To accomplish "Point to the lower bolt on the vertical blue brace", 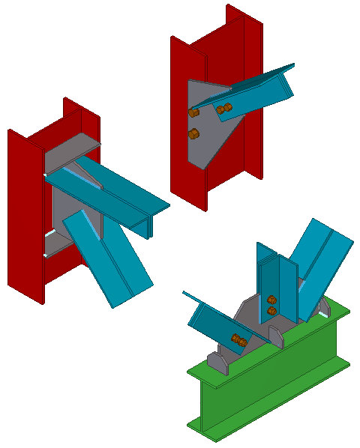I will [x=271, y=310].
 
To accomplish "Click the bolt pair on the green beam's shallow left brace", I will [x=240, y=342].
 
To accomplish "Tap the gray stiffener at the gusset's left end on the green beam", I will [x=218, y=363].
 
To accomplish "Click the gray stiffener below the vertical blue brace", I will [x=275, y=336].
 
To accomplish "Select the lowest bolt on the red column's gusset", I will [x=193, y=135].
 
